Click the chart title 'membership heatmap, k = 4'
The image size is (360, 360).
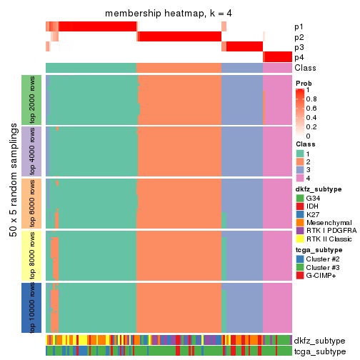(169, 14)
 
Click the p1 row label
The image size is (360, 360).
(299, 27)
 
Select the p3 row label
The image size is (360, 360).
(299, 47)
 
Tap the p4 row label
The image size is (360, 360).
(299, 57)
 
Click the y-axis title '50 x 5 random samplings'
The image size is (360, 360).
(12, 204)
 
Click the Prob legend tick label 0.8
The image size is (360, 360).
(313, 99)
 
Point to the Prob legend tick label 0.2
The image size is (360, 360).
(313, 126)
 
